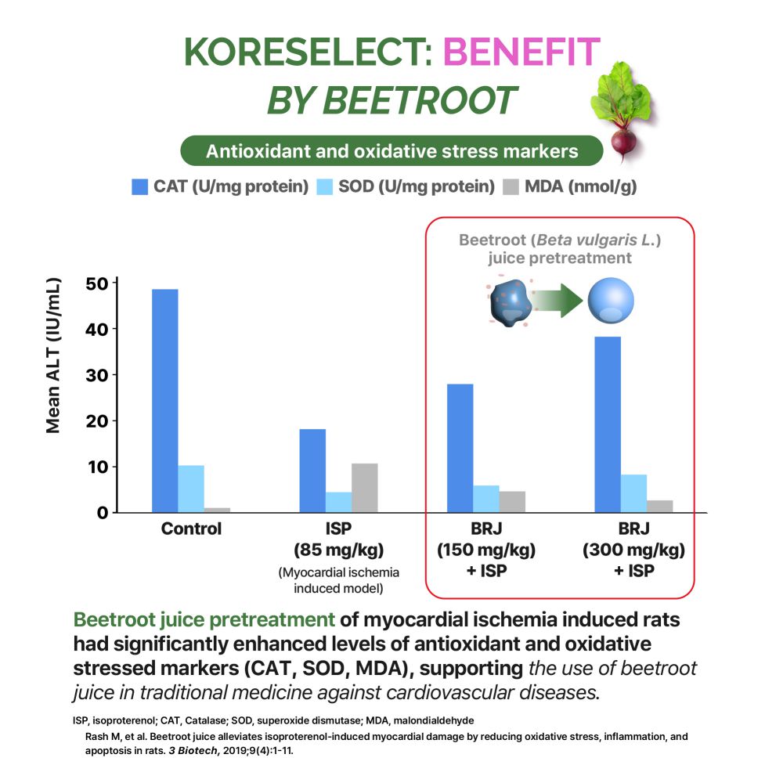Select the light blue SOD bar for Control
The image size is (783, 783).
point(191,489)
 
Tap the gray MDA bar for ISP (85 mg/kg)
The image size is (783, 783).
point(364,488)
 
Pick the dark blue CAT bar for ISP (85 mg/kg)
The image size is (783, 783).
point(312,471)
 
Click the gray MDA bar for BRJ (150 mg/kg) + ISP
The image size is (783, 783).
point(512,501)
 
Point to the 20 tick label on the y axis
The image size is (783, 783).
point(98,420)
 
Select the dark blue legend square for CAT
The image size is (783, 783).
point(140,187)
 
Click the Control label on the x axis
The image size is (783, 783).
point(191,529)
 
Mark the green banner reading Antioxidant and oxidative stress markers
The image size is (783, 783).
point(391,150)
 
